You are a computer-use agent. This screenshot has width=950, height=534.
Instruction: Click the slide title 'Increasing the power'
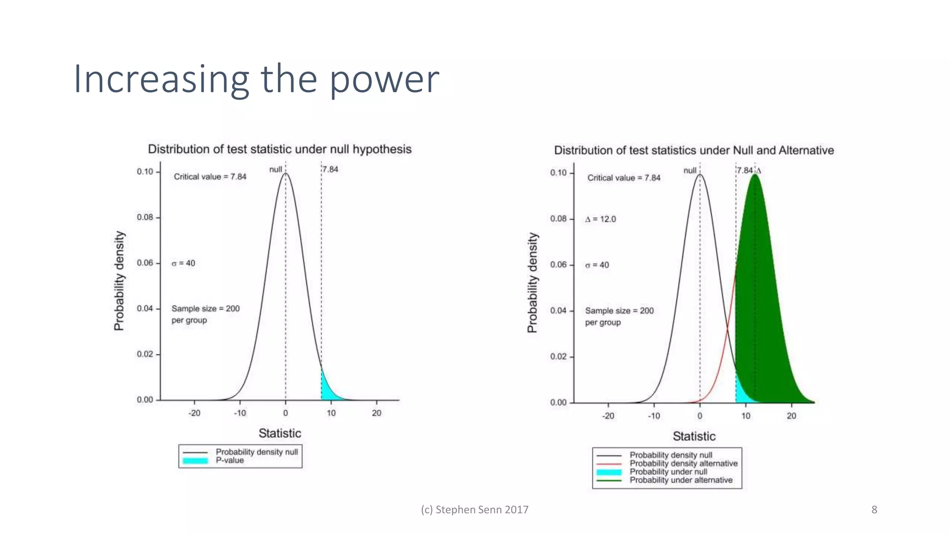[x=256, y=79]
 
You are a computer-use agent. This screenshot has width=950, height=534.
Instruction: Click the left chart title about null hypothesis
[x=279, y=149]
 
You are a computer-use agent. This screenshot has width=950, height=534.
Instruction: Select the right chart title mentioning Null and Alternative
[x=693, y=151]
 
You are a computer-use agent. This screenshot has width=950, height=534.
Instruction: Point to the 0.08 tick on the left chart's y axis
[x=145, y=217]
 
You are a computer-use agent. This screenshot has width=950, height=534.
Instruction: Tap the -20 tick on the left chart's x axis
[x=194, y=413]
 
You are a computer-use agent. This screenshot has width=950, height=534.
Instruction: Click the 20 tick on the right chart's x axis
[x=791, y=416]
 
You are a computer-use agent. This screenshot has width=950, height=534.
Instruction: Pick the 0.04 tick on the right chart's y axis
[x=558, y=311]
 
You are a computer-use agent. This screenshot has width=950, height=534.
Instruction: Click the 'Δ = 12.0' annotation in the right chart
[x=601, y=219]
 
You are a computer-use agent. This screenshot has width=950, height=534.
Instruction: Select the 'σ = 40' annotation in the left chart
[x=183, y=263]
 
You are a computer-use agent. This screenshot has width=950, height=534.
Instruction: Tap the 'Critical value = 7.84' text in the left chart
[x=210, y=177]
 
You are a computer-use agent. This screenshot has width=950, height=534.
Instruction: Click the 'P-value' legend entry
[x=230, y=460]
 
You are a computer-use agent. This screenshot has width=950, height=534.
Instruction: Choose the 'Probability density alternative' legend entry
[x=683, y=464]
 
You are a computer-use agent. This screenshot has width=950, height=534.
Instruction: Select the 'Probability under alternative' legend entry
[x=681, y=480]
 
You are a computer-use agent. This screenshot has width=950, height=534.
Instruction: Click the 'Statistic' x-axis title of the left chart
[x=280, y=433]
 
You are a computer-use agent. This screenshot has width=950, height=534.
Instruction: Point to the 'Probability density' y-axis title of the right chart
[x=533, y=283]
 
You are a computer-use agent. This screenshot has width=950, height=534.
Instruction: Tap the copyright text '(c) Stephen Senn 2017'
[x=475, y=510]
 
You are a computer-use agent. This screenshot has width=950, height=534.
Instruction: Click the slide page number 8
[x=874, y=510]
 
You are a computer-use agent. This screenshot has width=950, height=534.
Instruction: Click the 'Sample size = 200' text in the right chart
[x=619, y=311]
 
